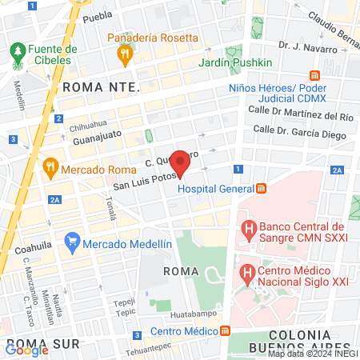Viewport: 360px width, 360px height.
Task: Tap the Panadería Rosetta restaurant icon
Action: click(124, 54)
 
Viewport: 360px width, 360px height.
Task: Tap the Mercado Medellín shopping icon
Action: click(72, 241)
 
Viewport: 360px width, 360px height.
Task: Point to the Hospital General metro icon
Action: click(261, 189)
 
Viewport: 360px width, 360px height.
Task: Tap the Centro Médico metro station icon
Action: click(226, 330)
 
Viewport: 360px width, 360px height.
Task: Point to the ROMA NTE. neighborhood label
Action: click(101, 86)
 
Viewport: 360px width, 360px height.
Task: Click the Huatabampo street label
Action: click(193, 315)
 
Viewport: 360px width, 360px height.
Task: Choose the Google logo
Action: click(26, 348)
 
